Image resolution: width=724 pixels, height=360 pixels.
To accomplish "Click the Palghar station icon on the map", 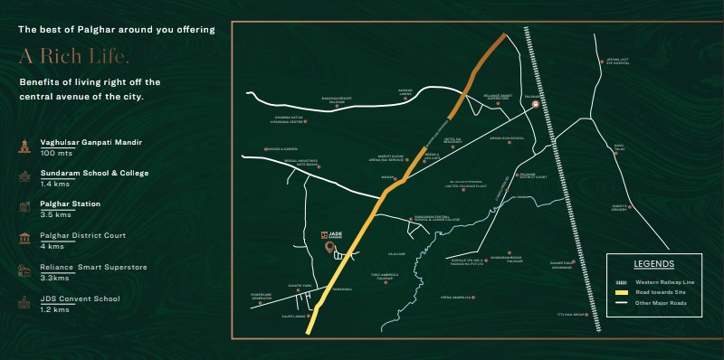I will pos(535,105).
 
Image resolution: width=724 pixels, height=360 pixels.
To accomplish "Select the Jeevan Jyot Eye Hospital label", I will pos(617,62).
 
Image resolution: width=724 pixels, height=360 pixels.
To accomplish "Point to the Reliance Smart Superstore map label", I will pos(499,96).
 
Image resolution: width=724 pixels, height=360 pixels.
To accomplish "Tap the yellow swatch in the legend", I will pos(622,292).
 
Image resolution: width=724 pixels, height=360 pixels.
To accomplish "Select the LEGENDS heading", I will pos(653,264).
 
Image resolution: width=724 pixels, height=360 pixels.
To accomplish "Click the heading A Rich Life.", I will pos(74,56).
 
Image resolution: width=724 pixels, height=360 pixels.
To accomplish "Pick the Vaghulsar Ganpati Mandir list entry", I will pos(90,142).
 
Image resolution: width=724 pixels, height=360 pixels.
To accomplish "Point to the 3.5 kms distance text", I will pos(55,214).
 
